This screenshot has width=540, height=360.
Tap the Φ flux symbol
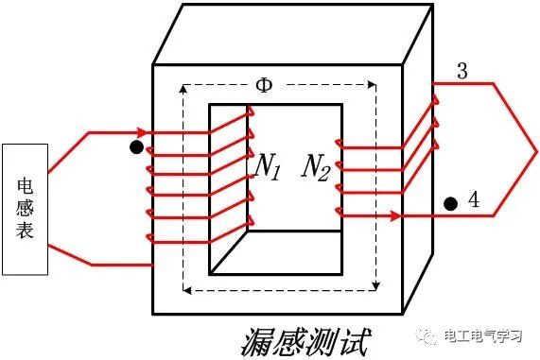pyautogui.click(x=266, y=85)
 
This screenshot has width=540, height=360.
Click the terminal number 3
pyautogui.click(x=462, y=72)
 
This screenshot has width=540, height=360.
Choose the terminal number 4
pyautogui.click(x=473, y=200)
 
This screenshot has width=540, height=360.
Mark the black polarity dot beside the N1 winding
pyautogui.click(x=136, y=148)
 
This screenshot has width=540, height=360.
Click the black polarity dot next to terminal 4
pyautogui.click(x=451, y=202)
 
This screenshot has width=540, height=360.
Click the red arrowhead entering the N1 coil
pyautogui.click(x=142, y=131)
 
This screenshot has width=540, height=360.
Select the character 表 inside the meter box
pyautogui.click(x=26, y=229)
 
